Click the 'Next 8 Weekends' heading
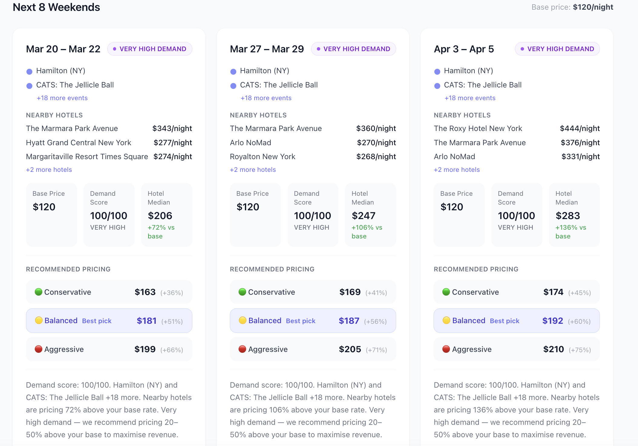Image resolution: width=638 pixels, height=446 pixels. [x=56, y=7]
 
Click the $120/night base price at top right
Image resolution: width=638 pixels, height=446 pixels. [x=593, y=7]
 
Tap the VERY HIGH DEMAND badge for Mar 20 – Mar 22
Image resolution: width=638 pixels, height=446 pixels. [x=150, y=49]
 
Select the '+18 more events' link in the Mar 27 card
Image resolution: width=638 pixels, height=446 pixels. [x=266, y=98]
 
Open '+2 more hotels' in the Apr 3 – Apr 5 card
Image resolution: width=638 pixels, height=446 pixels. [x=457, y=170]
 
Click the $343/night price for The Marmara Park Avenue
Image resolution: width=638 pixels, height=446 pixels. [x=172, y=129]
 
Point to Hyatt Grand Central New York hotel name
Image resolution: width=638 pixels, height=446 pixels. [x=79, y=143]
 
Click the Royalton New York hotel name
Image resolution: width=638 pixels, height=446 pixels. [x=262, y=157]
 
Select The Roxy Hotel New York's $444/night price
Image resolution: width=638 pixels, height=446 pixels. [x=580, y=129]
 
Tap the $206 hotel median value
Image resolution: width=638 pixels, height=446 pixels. [x=160, y=216]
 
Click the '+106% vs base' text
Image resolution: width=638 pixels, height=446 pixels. [x=367, y=232]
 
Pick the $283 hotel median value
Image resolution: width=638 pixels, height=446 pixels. [x=568, y=216]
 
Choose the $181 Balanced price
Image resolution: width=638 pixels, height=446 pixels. [x=147, y=321]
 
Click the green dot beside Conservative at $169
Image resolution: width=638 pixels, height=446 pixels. [x=242, y=292]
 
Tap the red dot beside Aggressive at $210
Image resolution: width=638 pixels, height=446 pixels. [x=446, y=349]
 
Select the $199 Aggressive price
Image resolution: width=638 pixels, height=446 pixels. [x=145, y=349]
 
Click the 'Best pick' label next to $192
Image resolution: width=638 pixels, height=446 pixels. [x=504, y=321]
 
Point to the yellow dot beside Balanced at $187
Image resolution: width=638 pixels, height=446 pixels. [x=243, y=320]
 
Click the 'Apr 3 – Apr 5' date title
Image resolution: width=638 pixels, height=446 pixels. [x=464, y=49]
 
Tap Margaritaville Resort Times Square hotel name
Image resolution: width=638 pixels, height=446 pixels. [x=87, y=157]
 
